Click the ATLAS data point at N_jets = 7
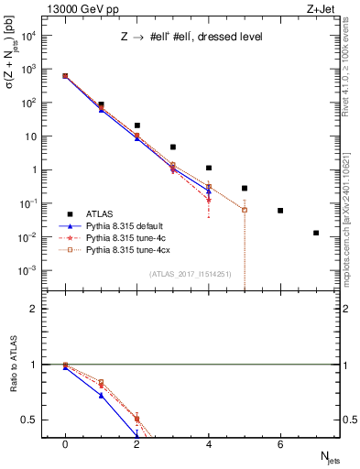[316, 233]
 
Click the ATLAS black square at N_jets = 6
[280, 211]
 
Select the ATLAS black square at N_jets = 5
[245, 188]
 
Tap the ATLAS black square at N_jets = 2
[136, 125]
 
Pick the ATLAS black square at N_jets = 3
[172, 147]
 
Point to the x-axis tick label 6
[280, 443]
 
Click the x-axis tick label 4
[208, 443]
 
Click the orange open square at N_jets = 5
[245, 210]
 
